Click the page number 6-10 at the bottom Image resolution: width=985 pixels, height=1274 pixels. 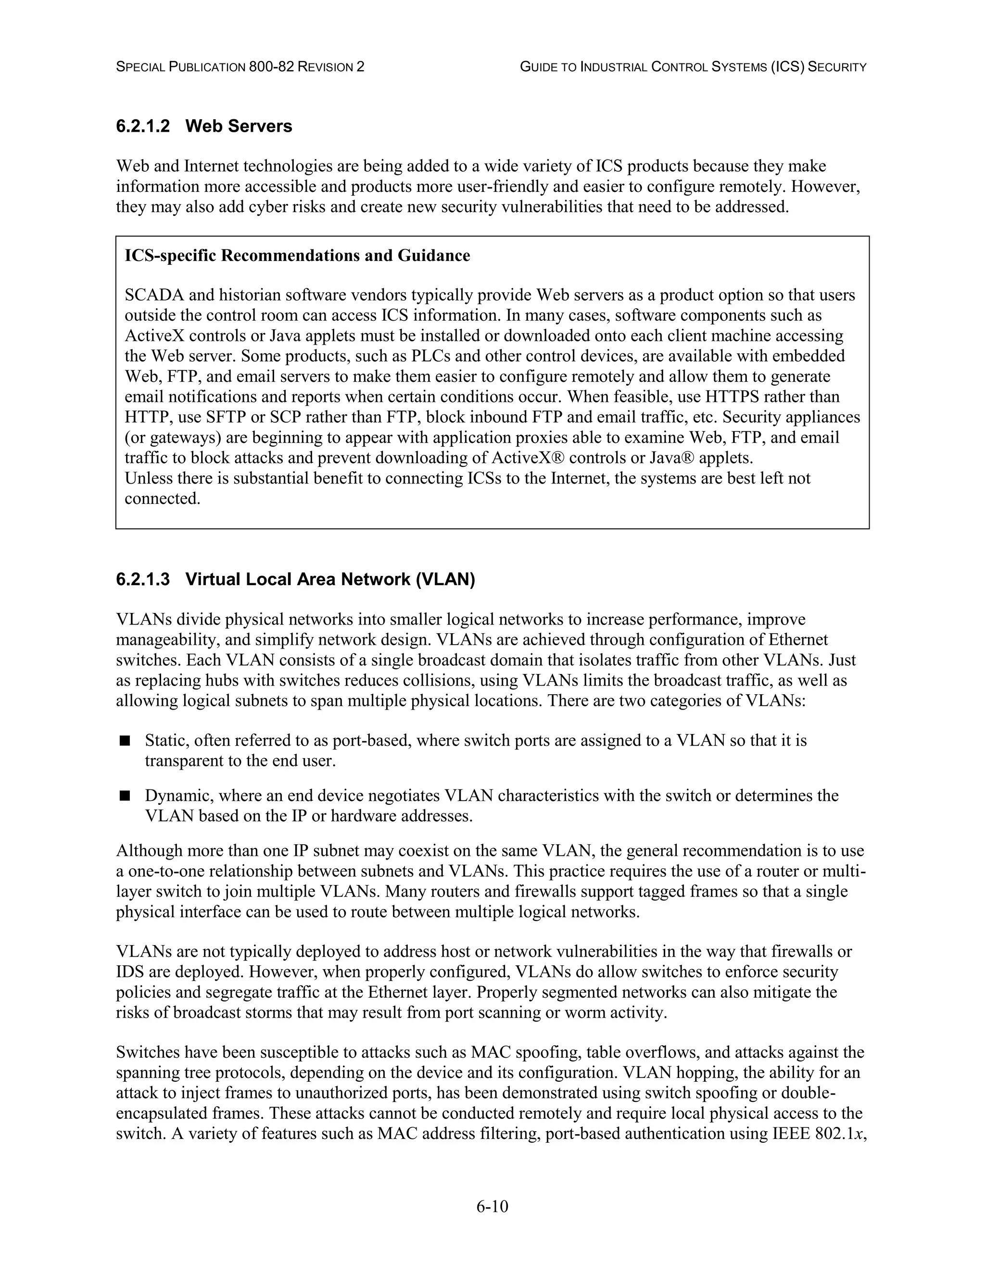pos(492,1206)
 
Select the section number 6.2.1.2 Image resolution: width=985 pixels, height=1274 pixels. pos(143,126)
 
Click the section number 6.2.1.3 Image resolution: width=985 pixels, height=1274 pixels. pos(143,579)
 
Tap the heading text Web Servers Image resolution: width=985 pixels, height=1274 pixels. pos(239,126)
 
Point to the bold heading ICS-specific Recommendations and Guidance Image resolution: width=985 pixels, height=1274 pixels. pos(297,255)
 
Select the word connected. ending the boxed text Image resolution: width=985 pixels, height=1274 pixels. pos(162,499)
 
